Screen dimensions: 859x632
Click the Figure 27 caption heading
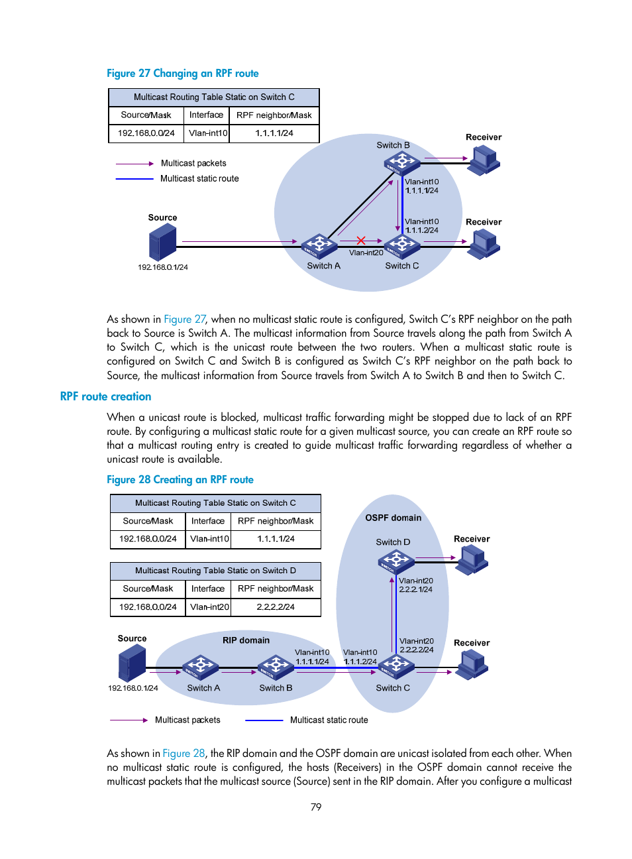[x=183, y=74]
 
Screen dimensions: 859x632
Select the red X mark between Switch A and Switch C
[x=361, y=241]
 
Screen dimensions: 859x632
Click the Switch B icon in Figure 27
[x=401, y=162]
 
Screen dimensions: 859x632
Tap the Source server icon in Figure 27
[x=163, y=242]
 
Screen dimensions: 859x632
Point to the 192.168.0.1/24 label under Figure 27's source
[x=163, y=268]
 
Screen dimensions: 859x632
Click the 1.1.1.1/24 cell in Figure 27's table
[x=274, y=133]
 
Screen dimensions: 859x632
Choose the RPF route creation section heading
[x=106, y=396]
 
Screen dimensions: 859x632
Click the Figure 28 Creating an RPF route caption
[x=180, y=480]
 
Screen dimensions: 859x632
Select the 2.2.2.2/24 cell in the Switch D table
[x=276, y=607]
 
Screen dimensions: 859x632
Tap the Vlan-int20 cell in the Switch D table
[x=209, y=607]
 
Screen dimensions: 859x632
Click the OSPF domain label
[x=393, y=518]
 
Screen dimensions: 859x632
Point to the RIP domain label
[x=246, y=640]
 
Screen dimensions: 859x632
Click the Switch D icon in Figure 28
[x=395, y=562]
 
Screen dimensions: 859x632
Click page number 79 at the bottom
[x=316, y=807]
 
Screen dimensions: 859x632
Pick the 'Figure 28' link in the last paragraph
[x=184, y=754]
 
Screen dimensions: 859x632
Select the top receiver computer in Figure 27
[x=484, y=160]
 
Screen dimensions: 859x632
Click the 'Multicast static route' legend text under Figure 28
[x=329, y=720]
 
